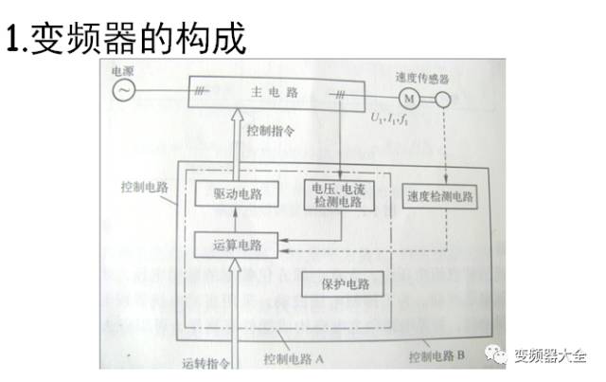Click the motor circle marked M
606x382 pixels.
tap(409, 97)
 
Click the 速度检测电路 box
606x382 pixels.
tap(440, 196)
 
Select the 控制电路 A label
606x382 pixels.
tap(294, 361)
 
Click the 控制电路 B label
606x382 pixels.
tap(437, 357)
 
